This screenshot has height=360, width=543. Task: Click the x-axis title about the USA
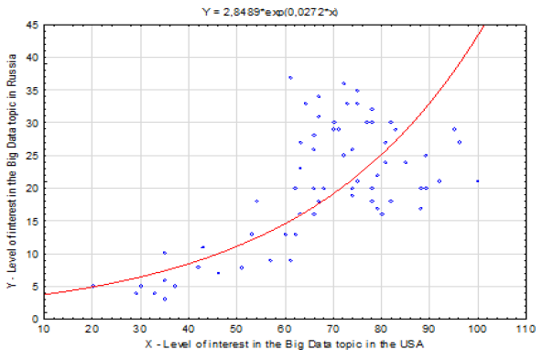coord(283,344)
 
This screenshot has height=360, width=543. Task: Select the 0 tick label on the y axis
coord(34,319)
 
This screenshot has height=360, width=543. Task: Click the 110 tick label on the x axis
coord(525,329)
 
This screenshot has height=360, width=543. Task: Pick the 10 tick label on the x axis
coord(43,329)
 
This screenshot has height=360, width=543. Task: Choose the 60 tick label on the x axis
coord(285,329)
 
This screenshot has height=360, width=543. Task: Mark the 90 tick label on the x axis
coord(429,329)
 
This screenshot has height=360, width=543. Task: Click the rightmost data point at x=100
coord(477,180)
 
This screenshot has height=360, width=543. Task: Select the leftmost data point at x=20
coord(92,286)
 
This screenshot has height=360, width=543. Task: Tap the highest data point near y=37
coord(290,78)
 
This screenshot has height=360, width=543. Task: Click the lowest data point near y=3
coord(165,299)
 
